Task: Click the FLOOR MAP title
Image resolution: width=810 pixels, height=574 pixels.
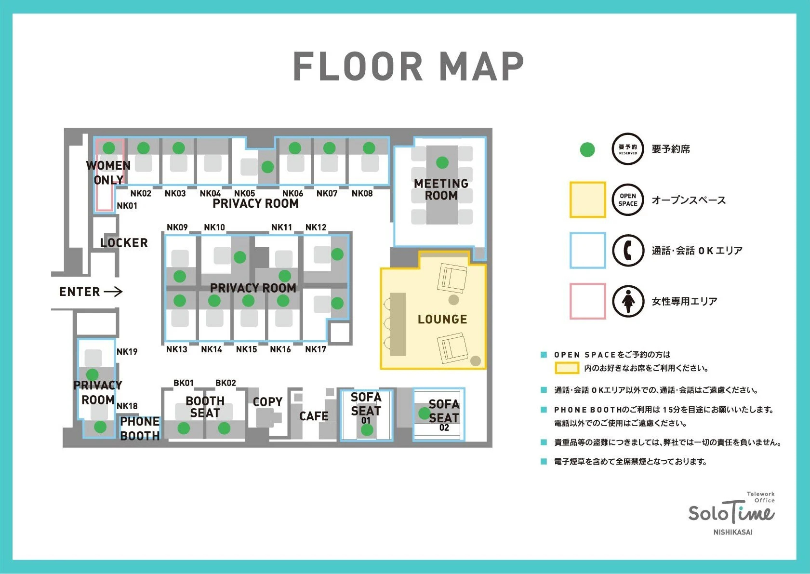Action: click(x=409, y=66)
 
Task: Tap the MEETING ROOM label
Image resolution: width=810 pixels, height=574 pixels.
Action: click(x=441, y=189)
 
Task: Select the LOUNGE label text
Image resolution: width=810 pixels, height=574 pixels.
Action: click(x=442, y=319)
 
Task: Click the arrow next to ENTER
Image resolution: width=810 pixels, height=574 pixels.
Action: click(x=113, y=292)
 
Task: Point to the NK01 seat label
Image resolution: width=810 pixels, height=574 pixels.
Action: click(x=127, y=206)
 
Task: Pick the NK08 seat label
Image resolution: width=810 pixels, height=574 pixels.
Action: click(x=362, y=194)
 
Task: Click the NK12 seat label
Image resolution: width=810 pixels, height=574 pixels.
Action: click(x=316, y=227)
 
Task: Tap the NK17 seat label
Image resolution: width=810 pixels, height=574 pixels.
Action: click(x=315, y=349)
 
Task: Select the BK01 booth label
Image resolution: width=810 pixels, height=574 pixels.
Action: click(x=183, y=383)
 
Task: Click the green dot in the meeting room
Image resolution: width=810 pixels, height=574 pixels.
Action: click(x=442, y=163)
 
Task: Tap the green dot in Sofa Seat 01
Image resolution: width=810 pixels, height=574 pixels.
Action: click(x=367, y=430)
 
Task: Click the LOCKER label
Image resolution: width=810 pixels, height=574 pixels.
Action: click(x=124, y=243)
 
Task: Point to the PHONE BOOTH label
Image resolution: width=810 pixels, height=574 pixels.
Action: click(x=140, y=428)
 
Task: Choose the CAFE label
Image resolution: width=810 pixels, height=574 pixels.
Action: click(x=314, y=416)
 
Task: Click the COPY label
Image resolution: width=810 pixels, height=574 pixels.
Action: click(x=267, y=401)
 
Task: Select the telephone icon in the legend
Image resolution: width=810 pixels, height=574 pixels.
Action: click(x=628, y=250)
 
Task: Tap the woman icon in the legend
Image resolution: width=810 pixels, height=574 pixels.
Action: click(x=628, y=301)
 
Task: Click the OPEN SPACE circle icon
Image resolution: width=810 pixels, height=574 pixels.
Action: click(x=628, y=200)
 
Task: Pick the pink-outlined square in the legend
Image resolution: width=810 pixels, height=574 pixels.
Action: click(x=587, y=301)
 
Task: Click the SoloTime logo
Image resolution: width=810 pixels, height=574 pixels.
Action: click(x=731, y=513)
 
